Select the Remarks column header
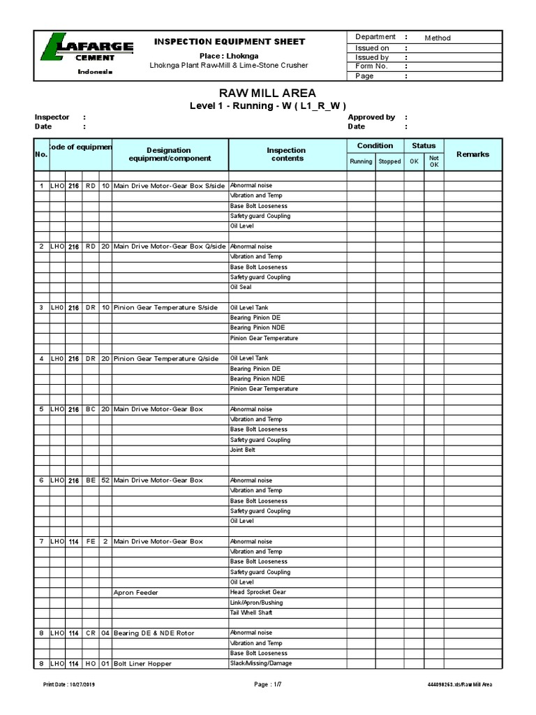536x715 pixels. (x=472, y=154)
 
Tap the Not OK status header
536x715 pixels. (x=433, y=161)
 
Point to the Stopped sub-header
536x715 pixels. (x=389, y=161)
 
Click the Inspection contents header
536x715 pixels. (x=287, y=154)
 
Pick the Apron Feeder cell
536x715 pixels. (x=136, y=592)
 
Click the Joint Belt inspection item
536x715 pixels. (x=243, y=450)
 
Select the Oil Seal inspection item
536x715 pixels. (x=241, y=287)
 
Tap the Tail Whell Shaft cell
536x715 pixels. (x=251, y=612)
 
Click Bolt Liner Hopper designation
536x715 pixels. (x=142, y=663)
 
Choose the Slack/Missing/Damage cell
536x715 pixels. (x=261, y=663)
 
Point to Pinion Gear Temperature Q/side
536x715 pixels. (x=165, y=358)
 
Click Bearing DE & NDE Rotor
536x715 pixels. (x=154, y=633)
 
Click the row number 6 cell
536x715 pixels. (x=41, y=480)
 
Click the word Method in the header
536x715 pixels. (x=438, y=38)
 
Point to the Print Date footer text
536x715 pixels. (x=69, y=684)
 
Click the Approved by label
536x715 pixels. (x=371, y=117)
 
